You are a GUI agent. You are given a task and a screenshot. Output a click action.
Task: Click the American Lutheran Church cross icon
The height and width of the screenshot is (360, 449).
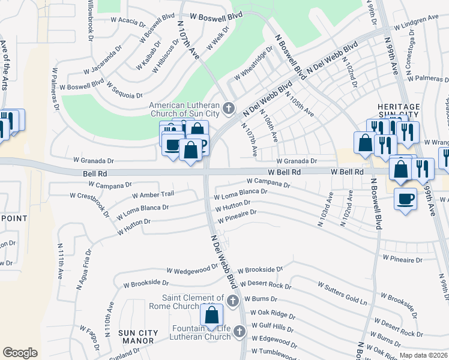[x=228, y=109]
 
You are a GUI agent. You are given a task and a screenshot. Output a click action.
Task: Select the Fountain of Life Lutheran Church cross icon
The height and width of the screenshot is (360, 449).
[x=239, y=331]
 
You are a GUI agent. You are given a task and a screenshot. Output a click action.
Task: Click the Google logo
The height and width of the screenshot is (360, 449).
[x=20, y=353]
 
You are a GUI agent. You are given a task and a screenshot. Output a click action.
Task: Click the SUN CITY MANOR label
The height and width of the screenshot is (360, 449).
[x=138, y=337]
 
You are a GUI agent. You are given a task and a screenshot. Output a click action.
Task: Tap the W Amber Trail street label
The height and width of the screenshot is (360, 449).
[x=152, y=194]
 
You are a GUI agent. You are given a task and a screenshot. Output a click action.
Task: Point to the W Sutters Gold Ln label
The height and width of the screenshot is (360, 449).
[x=342, y=292]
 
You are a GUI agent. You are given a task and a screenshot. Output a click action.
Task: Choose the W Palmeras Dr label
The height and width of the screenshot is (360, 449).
[x=428, y=79]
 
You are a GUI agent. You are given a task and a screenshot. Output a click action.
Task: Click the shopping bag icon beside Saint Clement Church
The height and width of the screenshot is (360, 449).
[x=212, y=316]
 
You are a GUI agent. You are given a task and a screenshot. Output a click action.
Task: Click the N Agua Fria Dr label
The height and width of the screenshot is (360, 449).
[x=83, y=272]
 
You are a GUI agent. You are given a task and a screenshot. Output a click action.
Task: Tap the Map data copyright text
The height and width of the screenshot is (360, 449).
[x=423, y=355]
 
